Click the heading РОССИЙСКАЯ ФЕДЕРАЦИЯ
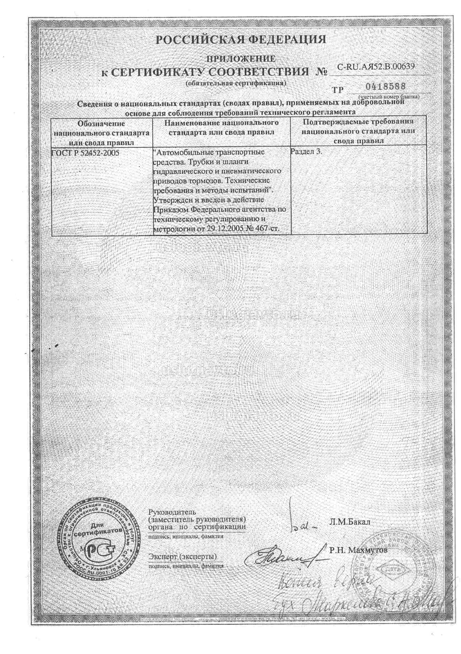(241, 40)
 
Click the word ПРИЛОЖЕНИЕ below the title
(241, 59)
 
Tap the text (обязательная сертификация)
(235, 83)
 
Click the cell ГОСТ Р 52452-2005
(85, 153)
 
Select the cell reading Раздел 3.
(306, 151)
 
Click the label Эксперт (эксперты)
(182, 557)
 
